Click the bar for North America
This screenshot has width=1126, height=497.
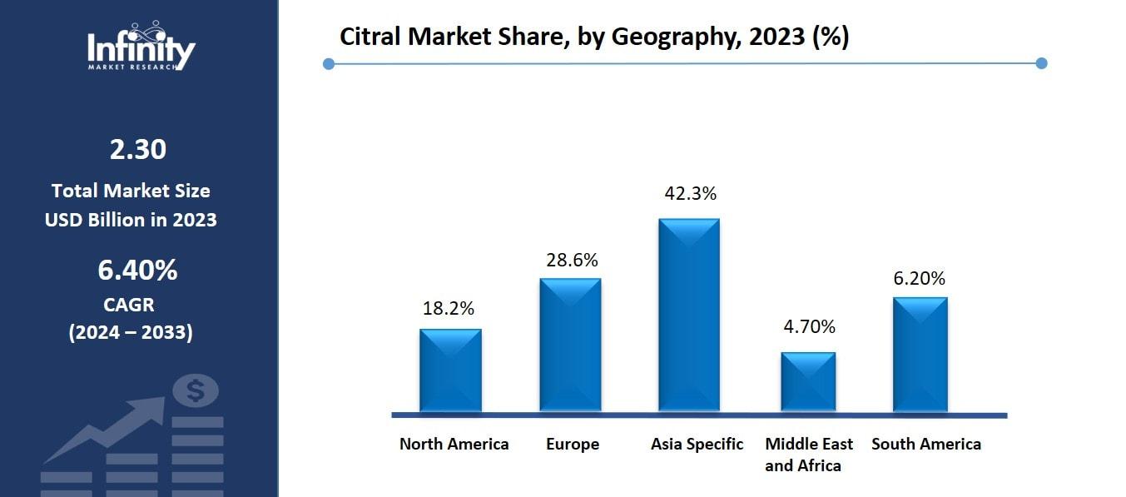click(450, 370)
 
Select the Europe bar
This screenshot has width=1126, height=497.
click(570, 345)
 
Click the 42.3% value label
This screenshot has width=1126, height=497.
click(690, 193)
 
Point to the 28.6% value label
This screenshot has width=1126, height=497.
click(572, 260)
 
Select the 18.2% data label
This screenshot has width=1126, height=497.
click(449, 308)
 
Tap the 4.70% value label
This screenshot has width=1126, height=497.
click(809, 326)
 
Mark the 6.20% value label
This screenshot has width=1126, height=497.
click(920, 278)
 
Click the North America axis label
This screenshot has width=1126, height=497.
click(454, 444)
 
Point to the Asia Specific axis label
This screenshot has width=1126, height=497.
click(697, 444)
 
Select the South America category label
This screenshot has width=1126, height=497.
click(926, 444)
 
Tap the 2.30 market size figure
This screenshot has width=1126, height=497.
click(138, 150)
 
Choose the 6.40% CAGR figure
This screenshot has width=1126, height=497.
click(138, 270)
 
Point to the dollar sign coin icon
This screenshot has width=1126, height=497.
click(196, 390)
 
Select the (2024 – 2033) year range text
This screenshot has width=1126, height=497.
click(131, 332)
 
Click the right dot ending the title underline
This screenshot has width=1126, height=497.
click(1041, 63)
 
